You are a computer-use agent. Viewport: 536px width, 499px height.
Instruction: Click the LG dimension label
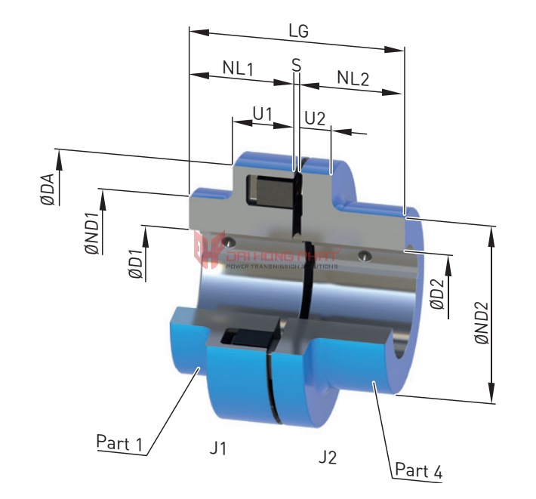[299, 32]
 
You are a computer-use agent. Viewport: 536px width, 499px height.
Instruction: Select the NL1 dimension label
[238, 67]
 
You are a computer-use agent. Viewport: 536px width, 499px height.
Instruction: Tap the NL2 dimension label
[353, 78]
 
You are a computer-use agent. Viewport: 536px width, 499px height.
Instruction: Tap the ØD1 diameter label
[135, 262]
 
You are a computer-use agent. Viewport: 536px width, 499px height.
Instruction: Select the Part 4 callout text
[417, 472]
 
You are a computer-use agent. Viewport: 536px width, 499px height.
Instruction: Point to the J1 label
[218, 448]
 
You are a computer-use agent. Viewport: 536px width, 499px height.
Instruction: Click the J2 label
[327, 457]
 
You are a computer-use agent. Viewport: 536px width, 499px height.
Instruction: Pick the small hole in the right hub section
[365, 254]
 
